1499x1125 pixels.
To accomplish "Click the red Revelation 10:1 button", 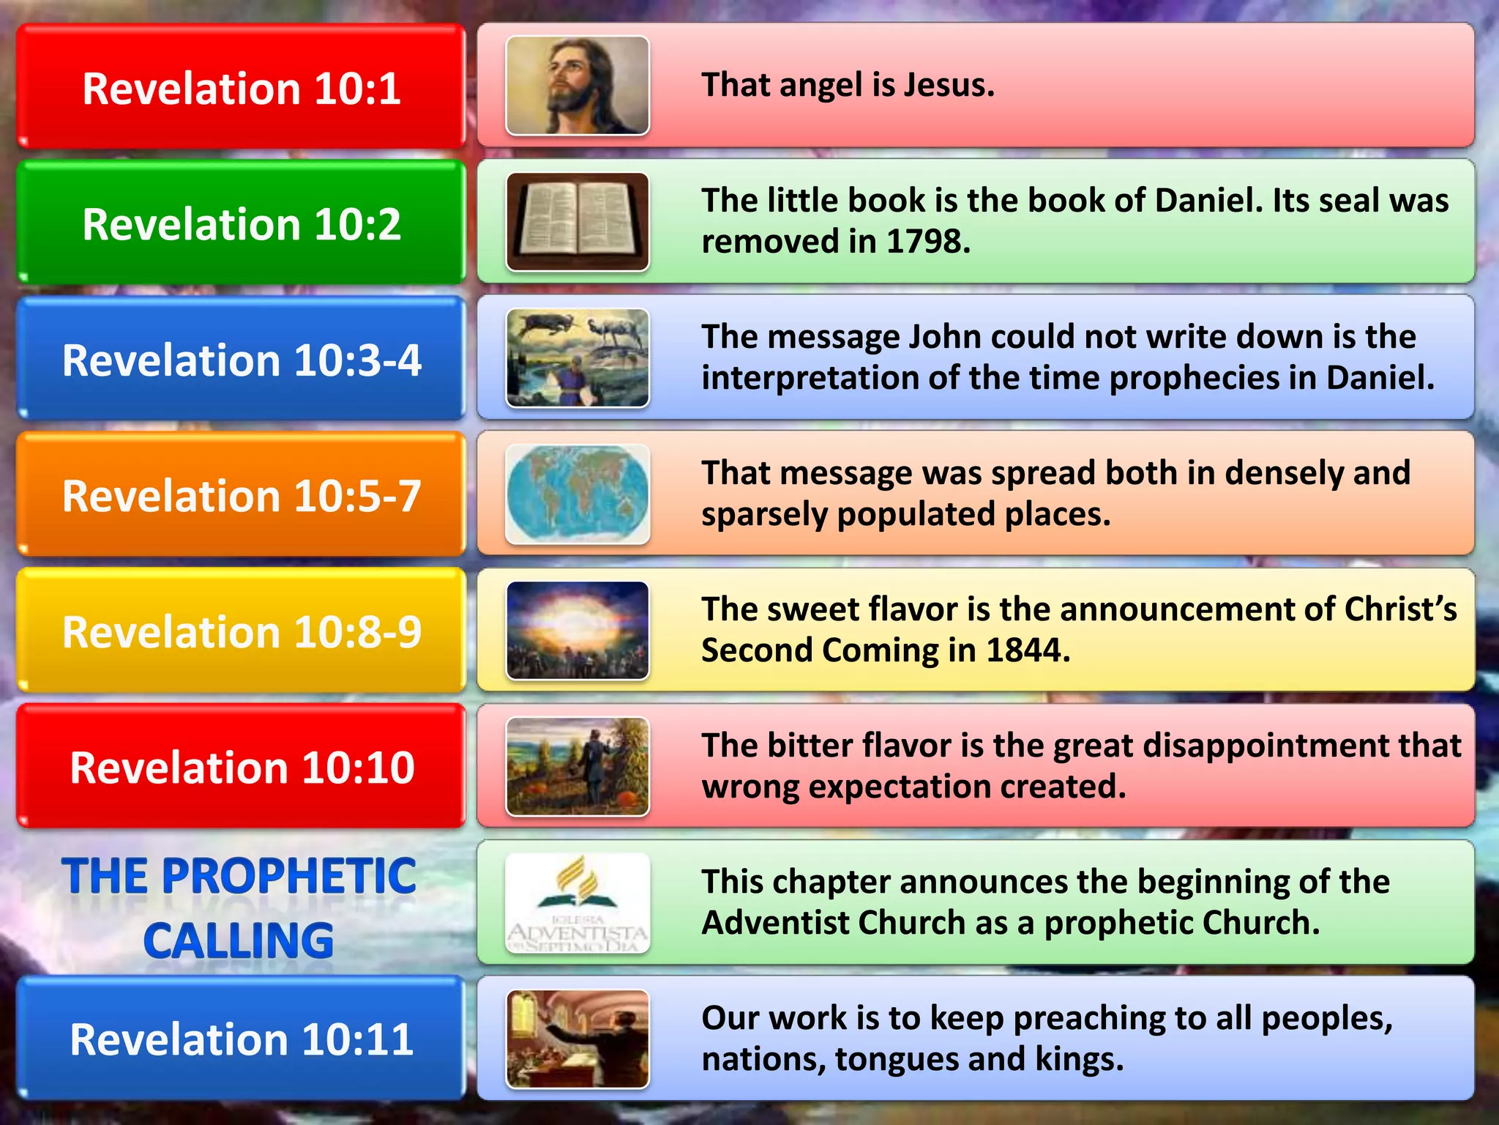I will tap(242, 88).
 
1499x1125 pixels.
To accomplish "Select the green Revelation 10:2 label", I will tap(242, 223).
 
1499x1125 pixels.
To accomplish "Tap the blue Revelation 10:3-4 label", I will tap(242, 360).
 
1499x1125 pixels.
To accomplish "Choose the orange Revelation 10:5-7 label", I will tap(242, 495).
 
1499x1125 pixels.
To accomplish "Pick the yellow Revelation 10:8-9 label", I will tap(242, 631).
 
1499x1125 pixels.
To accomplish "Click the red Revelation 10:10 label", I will tap(242, 767).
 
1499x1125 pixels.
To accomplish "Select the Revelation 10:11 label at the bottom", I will tap(242, 1039).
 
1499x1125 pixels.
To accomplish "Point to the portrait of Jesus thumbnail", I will tap(577, 86).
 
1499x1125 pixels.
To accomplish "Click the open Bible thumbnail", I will tap(577, 222).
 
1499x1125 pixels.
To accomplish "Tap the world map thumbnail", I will tap(577, 494).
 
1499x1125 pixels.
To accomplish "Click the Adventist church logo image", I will tap(577, 902).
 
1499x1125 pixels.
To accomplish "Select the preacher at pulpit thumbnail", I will tap(577, 1039).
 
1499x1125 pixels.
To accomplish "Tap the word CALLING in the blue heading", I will tap(239, 940).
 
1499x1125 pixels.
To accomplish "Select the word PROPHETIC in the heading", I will tap(289, 876).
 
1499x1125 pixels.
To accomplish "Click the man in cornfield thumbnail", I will tap(577, 766).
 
